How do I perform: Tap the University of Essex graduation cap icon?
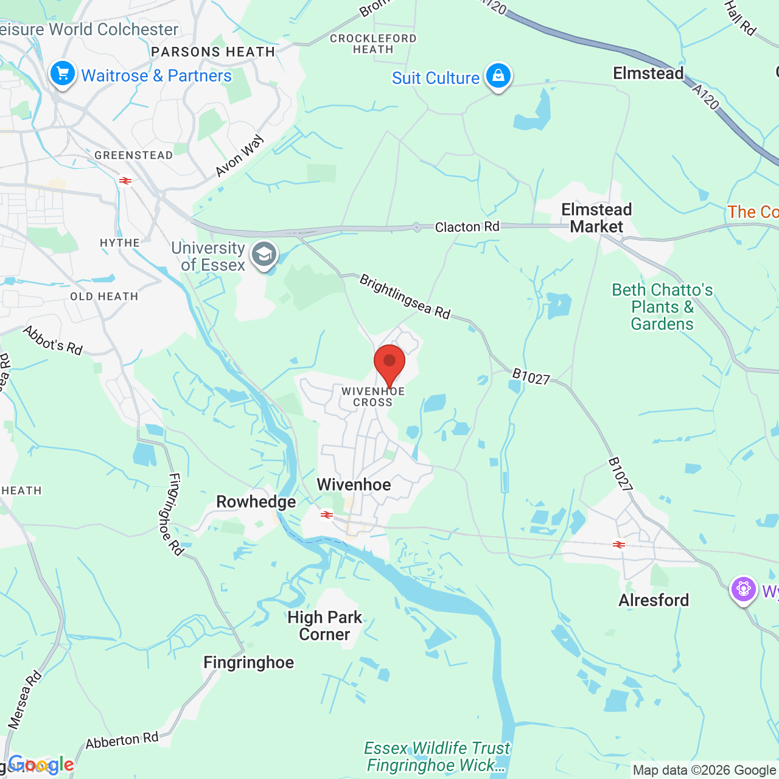point(264,255)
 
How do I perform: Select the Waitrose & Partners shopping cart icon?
point(62,74)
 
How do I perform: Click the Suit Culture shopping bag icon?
point(498,76)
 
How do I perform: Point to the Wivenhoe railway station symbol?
point(327,515)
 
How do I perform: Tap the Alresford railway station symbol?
point(619,545)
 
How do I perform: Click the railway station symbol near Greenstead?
point(126,181)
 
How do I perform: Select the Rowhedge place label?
point(256,502)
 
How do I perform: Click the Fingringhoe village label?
point(248,662)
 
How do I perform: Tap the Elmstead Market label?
point(596,218)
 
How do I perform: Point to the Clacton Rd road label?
point(467,227)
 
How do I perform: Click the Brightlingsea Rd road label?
point(405,296)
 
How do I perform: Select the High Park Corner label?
point(324,626)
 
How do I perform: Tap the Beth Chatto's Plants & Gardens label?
point(662,307)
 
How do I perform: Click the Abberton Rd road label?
point(122,741)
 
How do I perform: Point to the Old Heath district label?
point(104,297)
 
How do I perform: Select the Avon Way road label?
point(240,156)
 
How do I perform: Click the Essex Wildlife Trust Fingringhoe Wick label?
point(437,756)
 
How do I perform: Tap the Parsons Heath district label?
point(213,52)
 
